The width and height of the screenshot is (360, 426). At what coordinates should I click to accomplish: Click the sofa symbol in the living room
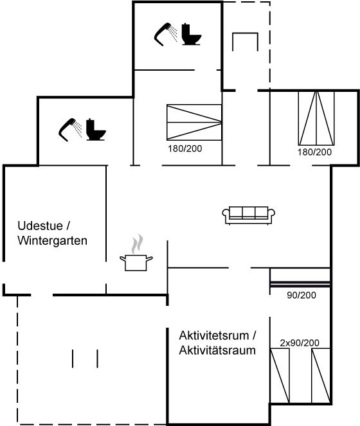pyautogui.click(x=249, y=215)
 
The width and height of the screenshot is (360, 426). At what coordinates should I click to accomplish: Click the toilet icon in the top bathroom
pyautogui.click(x=192, y=34)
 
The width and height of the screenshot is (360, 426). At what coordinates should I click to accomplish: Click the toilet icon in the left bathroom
pyautogui.click(x=96, y=130)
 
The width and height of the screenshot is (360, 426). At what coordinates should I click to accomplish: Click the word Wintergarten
pyautogui.click(x=53, y=241)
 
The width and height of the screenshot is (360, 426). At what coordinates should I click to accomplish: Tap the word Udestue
pyautogui.click(x=40, y=226)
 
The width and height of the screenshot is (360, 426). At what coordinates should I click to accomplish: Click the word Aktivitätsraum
pyautogui.click(x=217, y=350)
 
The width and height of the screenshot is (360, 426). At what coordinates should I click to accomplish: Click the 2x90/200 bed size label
pyautogui.click(x=300, y=343)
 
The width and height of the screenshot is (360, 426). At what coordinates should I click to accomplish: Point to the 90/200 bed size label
pyautogui.click(x=301, y=295)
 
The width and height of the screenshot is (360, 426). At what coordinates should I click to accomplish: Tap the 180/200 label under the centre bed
pyautogui.click(x=185, y=148)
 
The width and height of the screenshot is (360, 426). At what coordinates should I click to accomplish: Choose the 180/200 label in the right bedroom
pyautogui.click(x=315, y=152)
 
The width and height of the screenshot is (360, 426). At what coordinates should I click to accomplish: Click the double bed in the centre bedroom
pyautogui.click(x=194, y=122)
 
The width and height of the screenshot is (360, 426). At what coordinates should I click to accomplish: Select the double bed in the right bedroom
pyautogui.click(x=316, y=118)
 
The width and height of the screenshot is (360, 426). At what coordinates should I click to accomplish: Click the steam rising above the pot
pyautogui.click(x=138, y=244)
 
